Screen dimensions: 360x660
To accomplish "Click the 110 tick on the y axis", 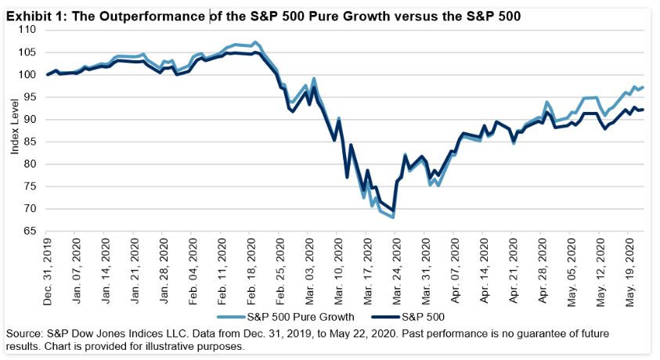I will (28, 30).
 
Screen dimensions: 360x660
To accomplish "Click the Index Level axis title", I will (13, 131).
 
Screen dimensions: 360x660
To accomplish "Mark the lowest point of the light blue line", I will (393, 218).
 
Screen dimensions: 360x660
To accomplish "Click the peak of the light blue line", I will (256, 42).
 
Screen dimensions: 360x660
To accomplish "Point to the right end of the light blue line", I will (644, 87).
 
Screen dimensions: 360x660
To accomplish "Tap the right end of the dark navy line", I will (644, 110).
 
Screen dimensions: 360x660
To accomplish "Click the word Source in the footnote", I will (24, 333).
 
